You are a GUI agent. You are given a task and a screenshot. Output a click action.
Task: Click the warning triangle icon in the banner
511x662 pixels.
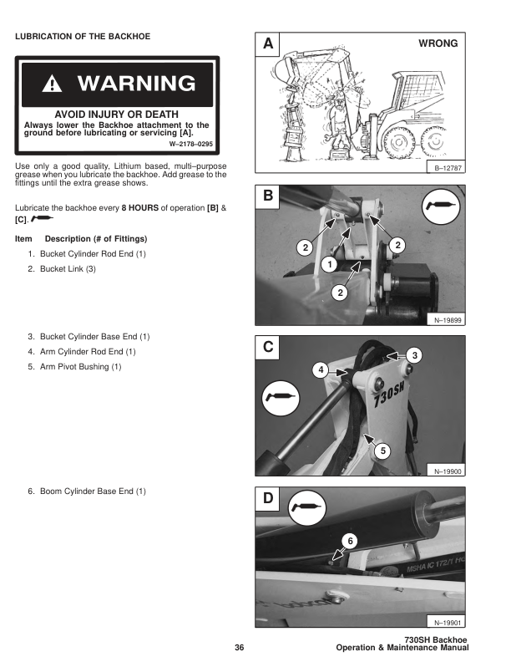click(x=54, y=84)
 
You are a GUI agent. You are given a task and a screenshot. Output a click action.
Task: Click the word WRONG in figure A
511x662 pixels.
click(x=438, y=43)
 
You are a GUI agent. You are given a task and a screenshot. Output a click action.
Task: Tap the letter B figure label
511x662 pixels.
click(x=267, y=196)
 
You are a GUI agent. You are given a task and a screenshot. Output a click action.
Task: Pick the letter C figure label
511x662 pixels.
click(x=267, y=346)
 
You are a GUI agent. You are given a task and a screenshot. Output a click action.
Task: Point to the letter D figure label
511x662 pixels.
click(x=267, y=499)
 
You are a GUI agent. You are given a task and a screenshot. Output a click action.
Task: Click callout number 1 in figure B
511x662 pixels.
click(x=329, y=264)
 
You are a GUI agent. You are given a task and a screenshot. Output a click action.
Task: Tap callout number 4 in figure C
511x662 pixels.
click(x=320, y=369)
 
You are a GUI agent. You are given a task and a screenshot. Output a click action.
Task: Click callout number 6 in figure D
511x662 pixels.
click(x=350, y=541)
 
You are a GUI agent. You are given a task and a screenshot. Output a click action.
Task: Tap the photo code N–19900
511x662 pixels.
click(x=448, y=471)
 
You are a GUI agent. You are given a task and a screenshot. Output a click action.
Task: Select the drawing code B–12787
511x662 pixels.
click(x=448, y=168)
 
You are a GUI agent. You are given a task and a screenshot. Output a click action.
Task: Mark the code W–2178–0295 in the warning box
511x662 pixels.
click(x=193, y=144)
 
